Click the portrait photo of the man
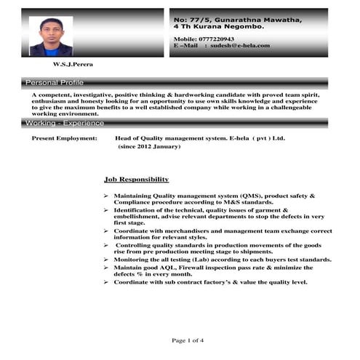[51, 36]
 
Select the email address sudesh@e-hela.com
[239, 45]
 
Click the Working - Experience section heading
[64, 123]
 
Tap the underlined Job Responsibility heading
[137, 179]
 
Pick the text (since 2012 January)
[149, 147]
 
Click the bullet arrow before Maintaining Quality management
[106, 196]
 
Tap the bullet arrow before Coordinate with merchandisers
[106, 231]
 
